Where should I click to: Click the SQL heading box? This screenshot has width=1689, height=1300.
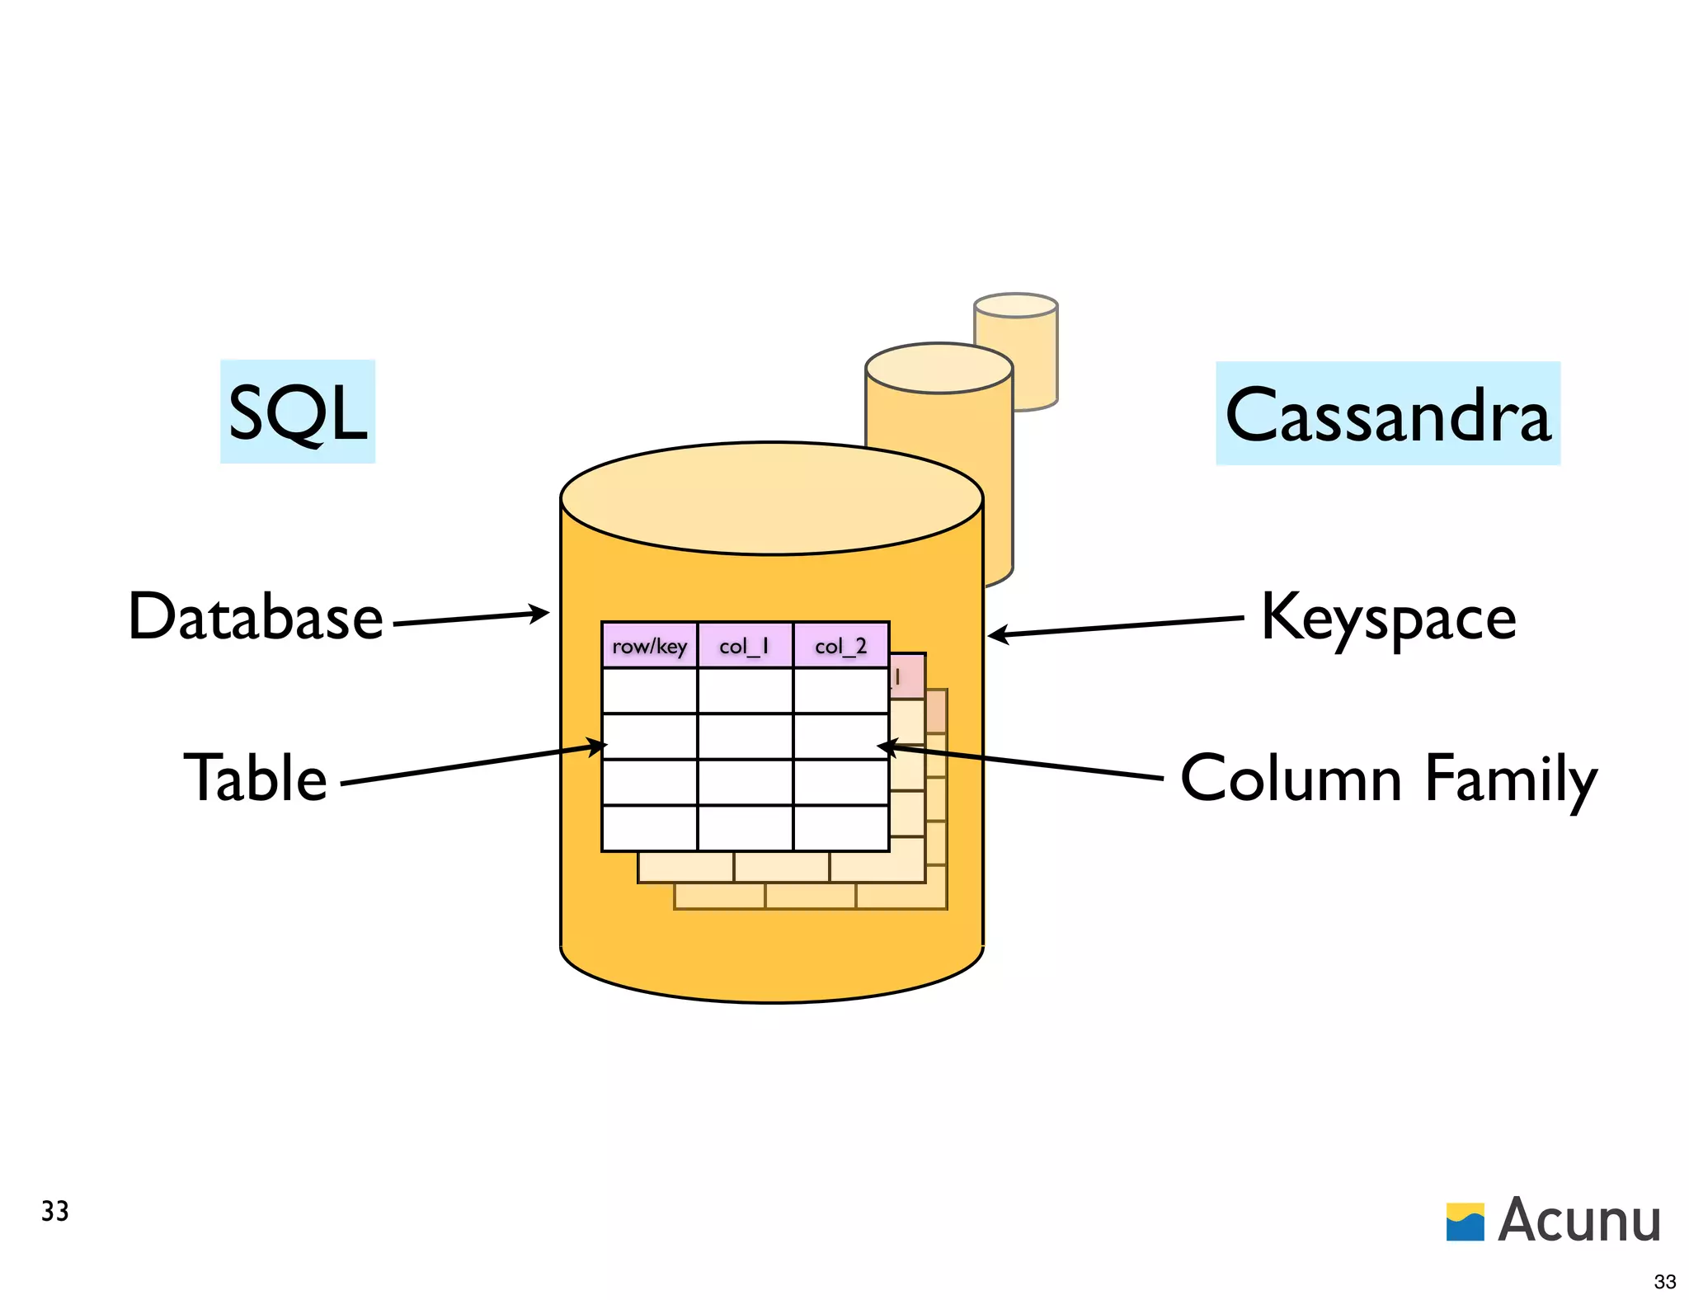[x=297, y=412]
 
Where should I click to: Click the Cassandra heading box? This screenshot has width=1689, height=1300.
[x=1387, y=414]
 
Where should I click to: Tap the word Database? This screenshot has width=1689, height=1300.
[x=256, y=617]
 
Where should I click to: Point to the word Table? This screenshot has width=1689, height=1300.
[x=255, y=778]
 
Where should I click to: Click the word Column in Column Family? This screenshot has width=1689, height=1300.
[x=1291, y=778]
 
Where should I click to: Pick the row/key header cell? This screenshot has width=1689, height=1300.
[x=649, y=646]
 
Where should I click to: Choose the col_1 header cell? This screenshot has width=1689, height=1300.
[x=745, y=646]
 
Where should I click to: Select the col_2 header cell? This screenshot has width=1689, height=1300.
[x=840, y=646]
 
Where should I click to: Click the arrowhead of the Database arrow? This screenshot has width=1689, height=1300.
[x=540, y=613]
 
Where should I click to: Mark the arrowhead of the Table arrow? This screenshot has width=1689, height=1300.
[x=597, y=747]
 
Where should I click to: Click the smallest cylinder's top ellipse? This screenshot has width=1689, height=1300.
[x=1015, y=305]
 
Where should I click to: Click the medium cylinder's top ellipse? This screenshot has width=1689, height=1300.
[x=939, y=369]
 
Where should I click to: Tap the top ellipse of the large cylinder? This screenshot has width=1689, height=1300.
[x=771, y=498]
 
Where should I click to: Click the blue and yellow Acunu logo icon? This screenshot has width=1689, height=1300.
[x=1465, y=1222]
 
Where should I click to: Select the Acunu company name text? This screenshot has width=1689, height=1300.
[x=1579, y=1220]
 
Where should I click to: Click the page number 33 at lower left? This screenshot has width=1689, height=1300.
[x=54, y=1211]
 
